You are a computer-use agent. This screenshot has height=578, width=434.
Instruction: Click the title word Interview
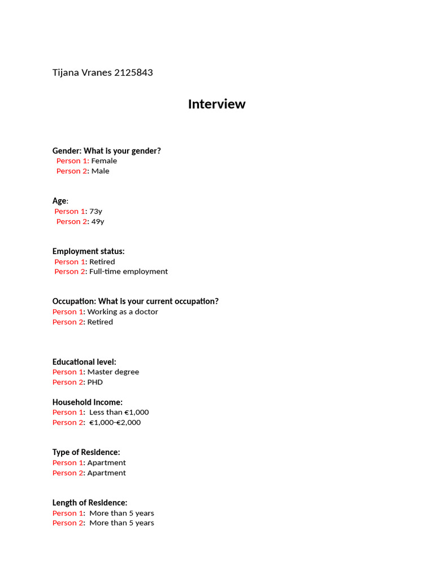point(216,104)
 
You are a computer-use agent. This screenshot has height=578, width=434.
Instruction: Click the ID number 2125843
point(133,73)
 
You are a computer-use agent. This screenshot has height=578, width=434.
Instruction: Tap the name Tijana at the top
point(66,73)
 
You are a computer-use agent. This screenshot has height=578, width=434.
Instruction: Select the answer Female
point(104,161)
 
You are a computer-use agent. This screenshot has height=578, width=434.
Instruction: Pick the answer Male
point(101,171)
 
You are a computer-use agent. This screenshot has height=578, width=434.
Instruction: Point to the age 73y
point(96,211)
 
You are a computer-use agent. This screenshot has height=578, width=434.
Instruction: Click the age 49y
point(98,221)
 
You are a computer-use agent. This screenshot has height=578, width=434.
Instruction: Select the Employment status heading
point(89,251)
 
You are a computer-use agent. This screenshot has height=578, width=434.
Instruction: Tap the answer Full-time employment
point(128,272)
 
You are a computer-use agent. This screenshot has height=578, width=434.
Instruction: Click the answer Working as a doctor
point(123,312)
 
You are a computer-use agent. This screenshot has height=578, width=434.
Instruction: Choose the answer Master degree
point(113,372)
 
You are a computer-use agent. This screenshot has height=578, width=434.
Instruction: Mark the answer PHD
point(95,382)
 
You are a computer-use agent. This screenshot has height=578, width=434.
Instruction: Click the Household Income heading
point(88,402)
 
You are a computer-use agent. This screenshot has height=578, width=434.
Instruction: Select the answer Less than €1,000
point(119,412)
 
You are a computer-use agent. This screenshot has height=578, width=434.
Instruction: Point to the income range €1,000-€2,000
point(115,422)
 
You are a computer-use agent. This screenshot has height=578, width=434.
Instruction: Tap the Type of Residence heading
point(86,452)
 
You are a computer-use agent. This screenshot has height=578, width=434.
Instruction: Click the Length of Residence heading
point(90,502)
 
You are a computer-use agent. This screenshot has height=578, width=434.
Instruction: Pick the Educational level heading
point(84,362)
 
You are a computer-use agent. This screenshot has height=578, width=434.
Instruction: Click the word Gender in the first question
point(67,151)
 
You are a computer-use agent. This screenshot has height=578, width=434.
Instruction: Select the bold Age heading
point(59,201)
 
